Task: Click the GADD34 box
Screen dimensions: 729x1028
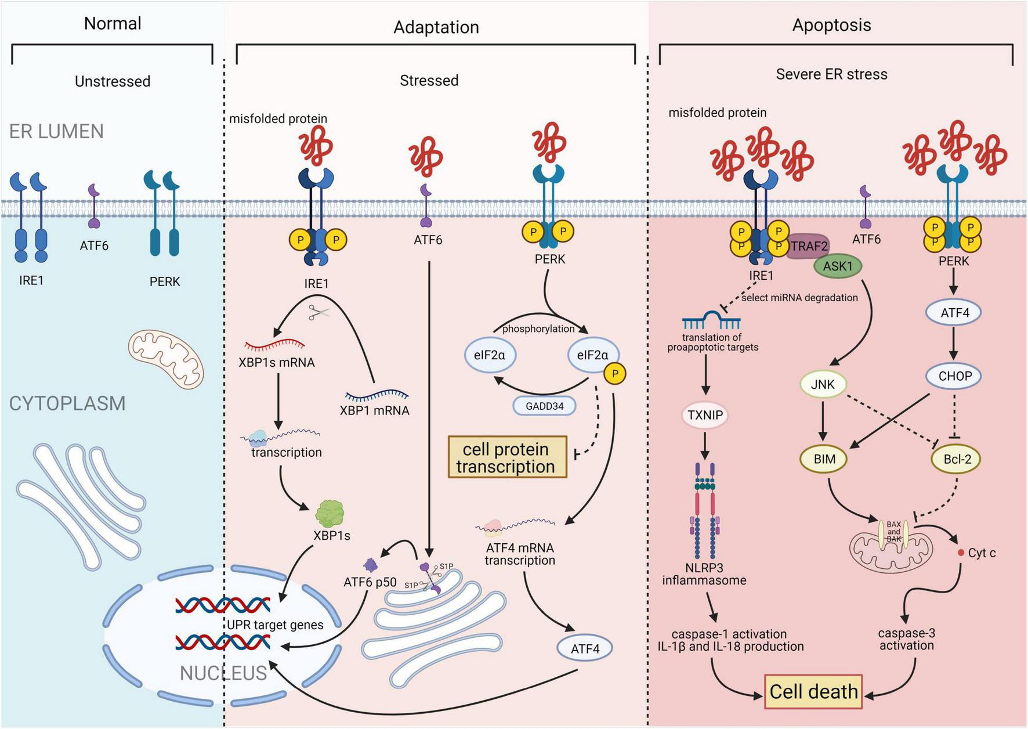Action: coord(544,406)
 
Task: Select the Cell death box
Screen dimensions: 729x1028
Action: coord(813,691)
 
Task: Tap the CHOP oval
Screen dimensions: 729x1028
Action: coord(955,376)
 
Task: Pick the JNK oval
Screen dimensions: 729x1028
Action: coord(823,384)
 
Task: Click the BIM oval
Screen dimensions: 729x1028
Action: coord(824,459)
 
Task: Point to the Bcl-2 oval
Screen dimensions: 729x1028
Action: coord(957,459)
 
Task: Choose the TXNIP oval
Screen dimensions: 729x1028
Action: coord(705,415)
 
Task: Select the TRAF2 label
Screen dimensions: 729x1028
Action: coord(809,246)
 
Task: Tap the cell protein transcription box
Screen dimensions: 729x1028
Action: coord(507,457)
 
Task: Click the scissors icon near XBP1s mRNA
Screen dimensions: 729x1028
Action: coord(318,313)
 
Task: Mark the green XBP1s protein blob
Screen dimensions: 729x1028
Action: coord(330,514)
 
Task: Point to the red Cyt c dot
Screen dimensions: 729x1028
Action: coord(961,553)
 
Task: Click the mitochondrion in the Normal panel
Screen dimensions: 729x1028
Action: coord(166,358)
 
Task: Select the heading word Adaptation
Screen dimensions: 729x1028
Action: coord(436,27)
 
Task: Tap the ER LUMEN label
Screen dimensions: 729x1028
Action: coord(56,132)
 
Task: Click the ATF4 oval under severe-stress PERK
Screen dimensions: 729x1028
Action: coord(955,313)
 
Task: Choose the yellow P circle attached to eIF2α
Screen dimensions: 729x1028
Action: coord(615,374)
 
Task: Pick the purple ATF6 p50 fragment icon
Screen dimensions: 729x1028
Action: coord(370,564)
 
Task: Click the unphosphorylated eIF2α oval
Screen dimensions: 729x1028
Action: coord(490,355)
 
